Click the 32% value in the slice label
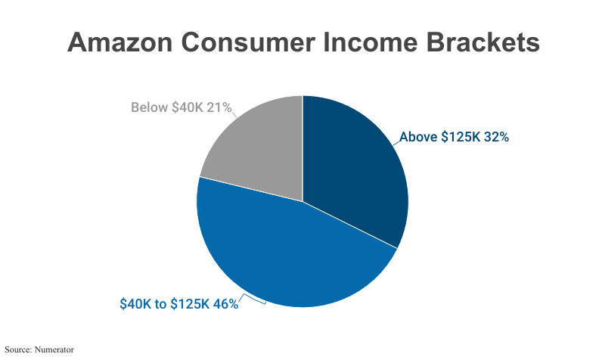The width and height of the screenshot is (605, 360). point(493,138)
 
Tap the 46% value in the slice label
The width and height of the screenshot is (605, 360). point(225,304)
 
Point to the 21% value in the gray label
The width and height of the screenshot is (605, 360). point(219,107)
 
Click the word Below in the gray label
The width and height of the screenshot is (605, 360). point(149,107)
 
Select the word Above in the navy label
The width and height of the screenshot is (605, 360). point(417,138)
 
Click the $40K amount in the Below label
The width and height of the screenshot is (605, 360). point(187,107)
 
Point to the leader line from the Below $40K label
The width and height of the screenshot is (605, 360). point(235,115)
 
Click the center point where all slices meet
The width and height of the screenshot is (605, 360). point(302,201)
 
